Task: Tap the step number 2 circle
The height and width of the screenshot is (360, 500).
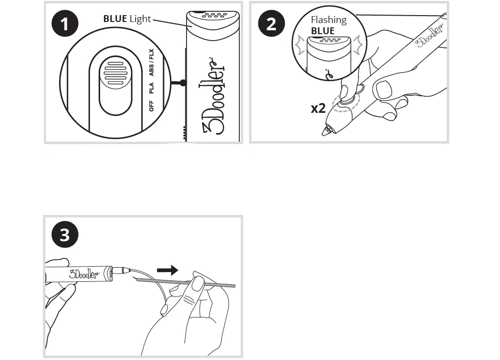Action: click(271, 24)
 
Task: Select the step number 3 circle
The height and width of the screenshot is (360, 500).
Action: click(64, 235)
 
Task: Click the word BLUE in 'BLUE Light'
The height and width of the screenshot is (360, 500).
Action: click(115, 19)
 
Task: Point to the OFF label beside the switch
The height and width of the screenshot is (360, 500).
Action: click(151, 106)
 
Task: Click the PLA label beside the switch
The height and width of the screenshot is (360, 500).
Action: click(151, 88)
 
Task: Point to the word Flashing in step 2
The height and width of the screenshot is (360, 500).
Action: click(329, 20)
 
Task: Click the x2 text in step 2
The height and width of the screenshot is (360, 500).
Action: click(318, 108)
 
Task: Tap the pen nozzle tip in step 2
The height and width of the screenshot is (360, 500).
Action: click(324, 132)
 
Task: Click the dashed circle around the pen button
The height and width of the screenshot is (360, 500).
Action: click(345, 100)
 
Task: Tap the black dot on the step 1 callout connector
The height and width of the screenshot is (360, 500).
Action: click(183, 83)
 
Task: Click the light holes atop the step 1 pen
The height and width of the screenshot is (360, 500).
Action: click(212, 16)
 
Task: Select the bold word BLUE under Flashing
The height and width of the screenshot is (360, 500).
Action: click(323, 31)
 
